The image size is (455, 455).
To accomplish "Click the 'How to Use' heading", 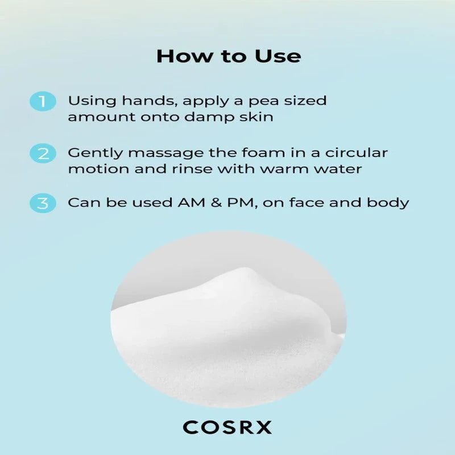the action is [229, 56].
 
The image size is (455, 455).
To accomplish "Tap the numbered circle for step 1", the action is [43, 101].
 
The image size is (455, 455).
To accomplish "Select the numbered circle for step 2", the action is [43, 153].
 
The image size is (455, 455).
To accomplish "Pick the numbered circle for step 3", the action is [43, 203].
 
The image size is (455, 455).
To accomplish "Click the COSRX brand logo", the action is [227, 427].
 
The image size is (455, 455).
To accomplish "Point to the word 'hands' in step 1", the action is [150, 101].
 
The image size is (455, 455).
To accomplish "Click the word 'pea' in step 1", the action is [263, 102].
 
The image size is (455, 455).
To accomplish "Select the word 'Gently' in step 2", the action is [96, 154].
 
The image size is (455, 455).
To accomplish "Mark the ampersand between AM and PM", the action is [217, 202].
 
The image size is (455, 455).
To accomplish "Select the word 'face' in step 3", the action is [307, 202].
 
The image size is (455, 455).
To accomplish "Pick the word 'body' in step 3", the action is [388, 203].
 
